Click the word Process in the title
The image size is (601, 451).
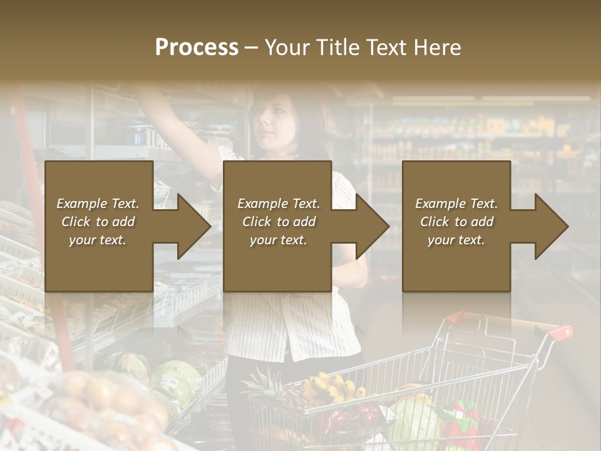point(197,48)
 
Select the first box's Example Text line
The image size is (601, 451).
point(98,204)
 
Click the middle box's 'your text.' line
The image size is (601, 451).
point(278,240)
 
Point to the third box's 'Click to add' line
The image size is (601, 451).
point(456,222)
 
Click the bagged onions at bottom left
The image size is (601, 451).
point(106,401)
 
